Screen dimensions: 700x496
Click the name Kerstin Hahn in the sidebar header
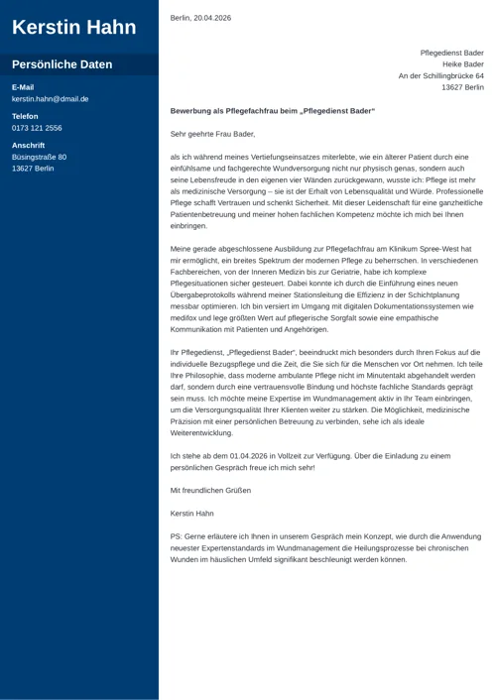click(x=74, y=27)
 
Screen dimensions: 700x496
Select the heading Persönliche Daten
click(x=62, y=64)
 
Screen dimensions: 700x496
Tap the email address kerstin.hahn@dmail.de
click(x=50, y=99)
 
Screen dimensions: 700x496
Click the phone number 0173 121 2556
click(x=37, y=128)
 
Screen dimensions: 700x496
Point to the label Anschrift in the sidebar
click(x=28, y=145)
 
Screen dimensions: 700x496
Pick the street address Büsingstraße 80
click(x=39, y=157)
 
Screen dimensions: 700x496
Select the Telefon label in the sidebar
click(x=25, y=116)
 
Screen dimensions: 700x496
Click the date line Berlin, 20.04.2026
click(x=200, y=18)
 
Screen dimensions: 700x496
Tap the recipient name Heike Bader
click(x=463, y=64)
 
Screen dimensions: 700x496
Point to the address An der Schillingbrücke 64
click(x=440, y=76)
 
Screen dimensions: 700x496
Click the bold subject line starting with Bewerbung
click(x=273, y=111)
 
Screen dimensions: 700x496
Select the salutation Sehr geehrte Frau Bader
click(x=212, y=133)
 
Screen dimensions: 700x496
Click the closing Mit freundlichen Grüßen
click(x=210, y=491)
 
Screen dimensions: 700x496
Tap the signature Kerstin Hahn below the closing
click(x=192, y=514)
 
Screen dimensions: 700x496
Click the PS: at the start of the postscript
click(x=177, y=536)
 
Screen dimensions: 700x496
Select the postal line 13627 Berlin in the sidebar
click(x=33, y=169)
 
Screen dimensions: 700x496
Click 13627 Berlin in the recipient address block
click(x=462, y=88)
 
